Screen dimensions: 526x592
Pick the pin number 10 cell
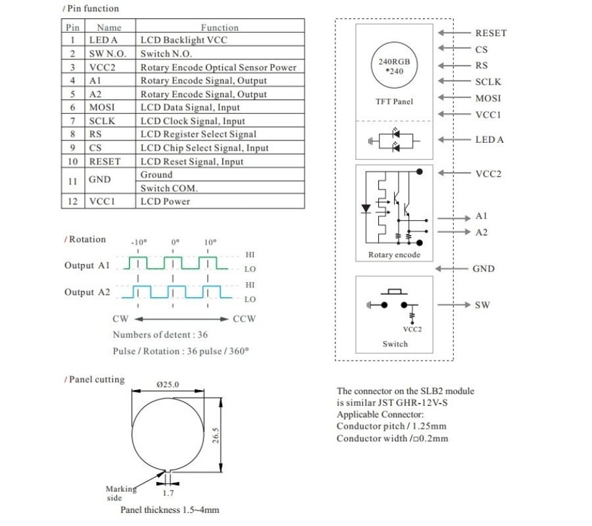coord(73,161)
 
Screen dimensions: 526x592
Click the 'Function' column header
coord(220,28)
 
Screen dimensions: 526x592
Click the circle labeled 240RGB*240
coord(394,66)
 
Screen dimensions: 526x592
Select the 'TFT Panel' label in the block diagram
coord(394,101)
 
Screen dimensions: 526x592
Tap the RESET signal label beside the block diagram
coord(491,33)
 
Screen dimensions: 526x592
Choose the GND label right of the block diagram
coord(483,269)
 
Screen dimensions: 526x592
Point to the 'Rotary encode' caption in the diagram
coord(394,255)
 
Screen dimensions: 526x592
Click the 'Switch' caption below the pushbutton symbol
coord(395,344)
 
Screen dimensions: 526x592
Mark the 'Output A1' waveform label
coord(86,266)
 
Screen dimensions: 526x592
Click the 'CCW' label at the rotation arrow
coord(244,319)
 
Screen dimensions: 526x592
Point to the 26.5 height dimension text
coord(215,435)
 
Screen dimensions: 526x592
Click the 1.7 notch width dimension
coord(168,493)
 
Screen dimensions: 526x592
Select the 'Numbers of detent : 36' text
coord(160,335)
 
